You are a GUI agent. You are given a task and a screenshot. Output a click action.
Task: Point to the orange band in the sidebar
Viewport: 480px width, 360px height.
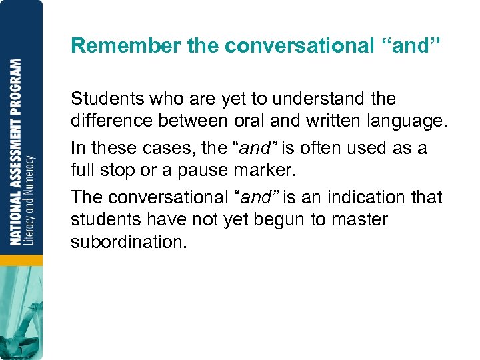coord(20,259)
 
